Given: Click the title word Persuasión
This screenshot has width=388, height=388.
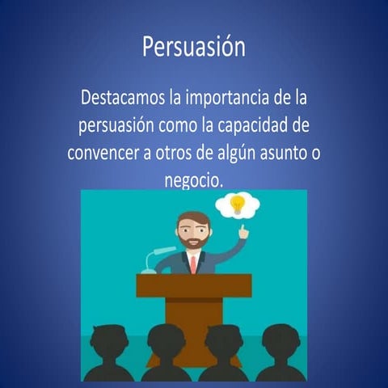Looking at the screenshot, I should pos(193,47).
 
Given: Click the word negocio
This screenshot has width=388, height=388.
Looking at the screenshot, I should pos(192,179).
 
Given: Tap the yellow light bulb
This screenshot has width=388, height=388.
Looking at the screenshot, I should pos(237,204).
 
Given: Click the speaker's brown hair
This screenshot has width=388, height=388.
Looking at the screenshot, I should pos(192,219).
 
